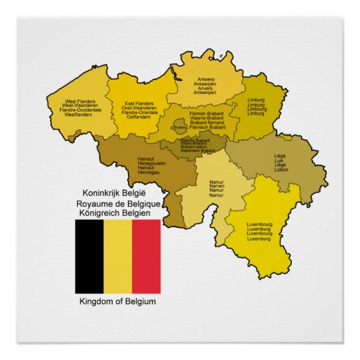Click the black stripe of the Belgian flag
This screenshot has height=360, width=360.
(x=89, y=256)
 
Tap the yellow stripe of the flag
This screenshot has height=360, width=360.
(x=117, y=256)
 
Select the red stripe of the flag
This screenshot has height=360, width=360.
(x=146, y=256)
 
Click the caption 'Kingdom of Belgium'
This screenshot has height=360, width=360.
(x=117, y=302)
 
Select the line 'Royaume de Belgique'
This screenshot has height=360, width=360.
(x=117, y=203)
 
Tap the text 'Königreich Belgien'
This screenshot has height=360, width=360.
(x=113, y=213)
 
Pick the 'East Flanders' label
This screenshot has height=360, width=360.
(x=139, y=104)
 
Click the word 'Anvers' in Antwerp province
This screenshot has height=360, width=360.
(x=205, y=88)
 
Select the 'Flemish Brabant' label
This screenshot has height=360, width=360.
(x=207, y=114)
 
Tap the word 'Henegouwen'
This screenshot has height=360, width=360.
(x=151, y=163)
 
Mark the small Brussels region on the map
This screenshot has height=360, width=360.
(x=180, y=125)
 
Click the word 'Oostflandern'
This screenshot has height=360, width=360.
(x=139, y=117)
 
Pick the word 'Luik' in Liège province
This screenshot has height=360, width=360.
(x=280, y=161)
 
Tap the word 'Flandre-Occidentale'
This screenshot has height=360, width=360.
(x=80, y=110)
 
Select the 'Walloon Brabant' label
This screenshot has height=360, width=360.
(x=195, y=141)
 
